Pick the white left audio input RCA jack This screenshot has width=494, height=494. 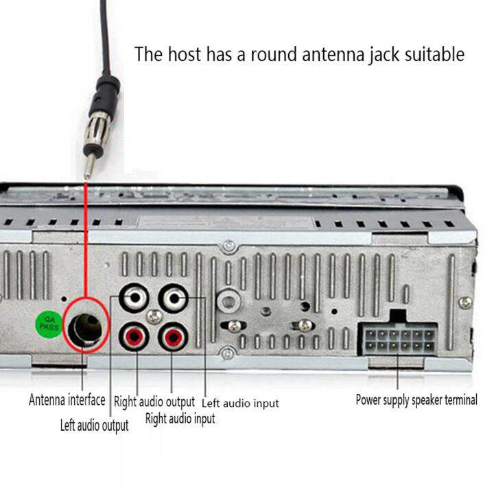[x=173, y=298]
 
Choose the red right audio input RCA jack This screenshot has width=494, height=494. [x=173, y=337]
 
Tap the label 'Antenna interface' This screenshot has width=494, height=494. [x=67, y=399]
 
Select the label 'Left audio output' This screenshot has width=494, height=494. [x=94, y=425]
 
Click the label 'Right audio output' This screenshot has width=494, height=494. [x=154, y=401]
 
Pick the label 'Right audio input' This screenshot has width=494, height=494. [x=180, y=418]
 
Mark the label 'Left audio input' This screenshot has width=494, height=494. [x=240, y=403]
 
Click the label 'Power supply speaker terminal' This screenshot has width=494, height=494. [x=416, y=399]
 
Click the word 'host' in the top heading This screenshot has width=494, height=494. [x=184, y=54]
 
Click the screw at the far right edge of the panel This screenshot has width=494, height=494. [x=465, y=302]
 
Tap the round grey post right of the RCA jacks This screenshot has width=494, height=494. [x=227, y=299]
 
